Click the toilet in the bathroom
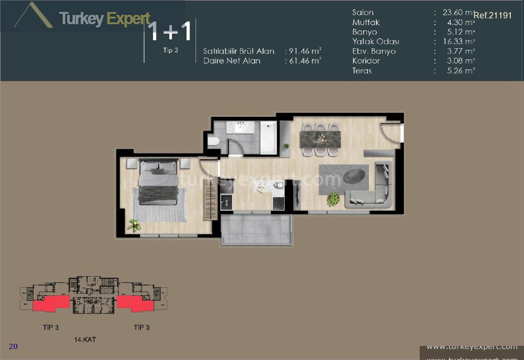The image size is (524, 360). click(x=213, y=141)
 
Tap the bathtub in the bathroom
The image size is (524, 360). click(x=268, y=138)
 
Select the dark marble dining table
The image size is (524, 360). click(x=320, y=139)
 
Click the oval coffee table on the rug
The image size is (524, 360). click(x=356, y=177)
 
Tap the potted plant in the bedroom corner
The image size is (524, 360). click(x=134, y=225)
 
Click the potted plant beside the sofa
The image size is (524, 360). click(x=333, y=199)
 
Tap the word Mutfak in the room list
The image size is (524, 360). click(x=366, y=23)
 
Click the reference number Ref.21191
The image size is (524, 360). click(x=493, y=15)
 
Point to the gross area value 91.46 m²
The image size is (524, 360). click(x=303, y=51)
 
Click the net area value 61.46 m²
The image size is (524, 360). click(x=303, y=61)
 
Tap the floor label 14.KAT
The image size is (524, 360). click(x=85, y=340)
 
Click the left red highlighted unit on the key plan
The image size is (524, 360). click(x=51, y=303)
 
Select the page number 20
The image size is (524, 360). click(x=14, y=346)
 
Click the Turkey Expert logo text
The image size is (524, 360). click(x=105, y=19)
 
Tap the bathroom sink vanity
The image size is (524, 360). click(x=240, y=127)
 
